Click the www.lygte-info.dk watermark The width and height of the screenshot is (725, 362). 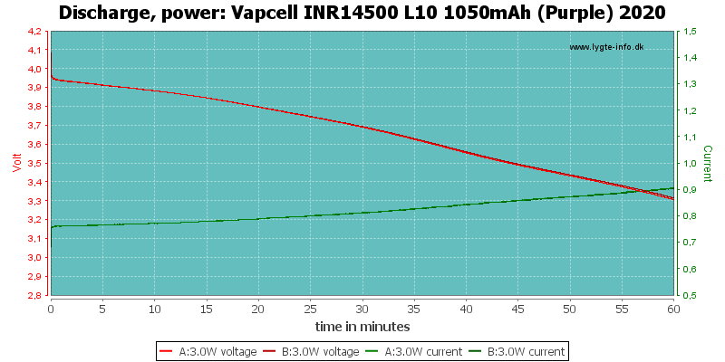coord(606,47)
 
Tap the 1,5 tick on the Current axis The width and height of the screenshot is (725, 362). coord(689,32)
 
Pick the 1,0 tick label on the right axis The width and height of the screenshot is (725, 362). coord(689,164)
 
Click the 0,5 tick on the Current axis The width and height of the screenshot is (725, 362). coord(689,296)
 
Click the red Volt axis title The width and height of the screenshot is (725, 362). coord(17,163)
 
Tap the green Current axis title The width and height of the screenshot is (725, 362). coord(708,163)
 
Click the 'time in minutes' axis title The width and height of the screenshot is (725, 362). coord(362,327)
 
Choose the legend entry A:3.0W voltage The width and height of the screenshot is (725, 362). coord(208,352)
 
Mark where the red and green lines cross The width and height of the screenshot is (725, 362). coord(641,190)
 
